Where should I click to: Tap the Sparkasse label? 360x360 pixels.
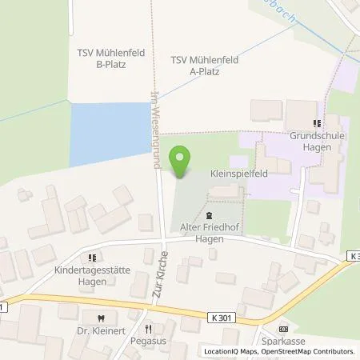[x=282, y=340]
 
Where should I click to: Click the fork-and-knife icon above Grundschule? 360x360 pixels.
[x=317, y=123]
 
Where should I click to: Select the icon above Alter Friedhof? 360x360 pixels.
[x=210, y=216]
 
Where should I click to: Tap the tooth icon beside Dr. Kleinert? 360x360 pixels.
[x=99, y=315]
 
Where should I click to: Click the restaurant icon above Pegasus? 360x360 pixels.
[x=148, y=328]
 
